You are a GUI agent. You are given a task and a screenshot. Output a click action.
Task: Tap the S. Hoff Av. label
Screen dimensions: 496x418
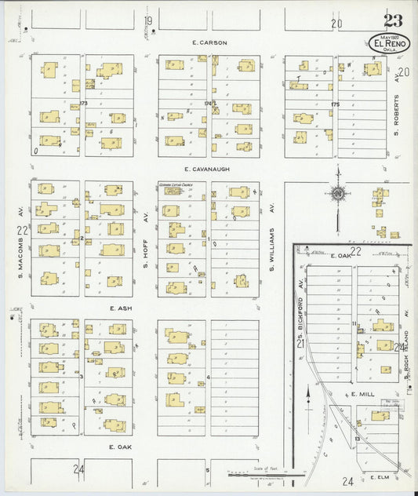point(145,251)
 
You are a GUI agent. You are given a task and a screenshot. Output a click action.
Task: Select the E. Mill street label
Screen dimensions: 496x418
point(365,394)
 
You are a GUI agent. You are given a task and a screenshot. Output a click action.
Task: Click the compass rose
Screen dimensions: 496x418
point(337,193)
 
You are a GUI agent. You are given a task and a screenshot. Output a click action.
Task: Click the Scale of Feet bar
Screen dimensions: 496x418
point(267,474)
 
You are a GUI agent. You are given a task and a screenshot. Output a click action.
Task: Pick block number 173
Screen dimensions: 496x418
point(84,103)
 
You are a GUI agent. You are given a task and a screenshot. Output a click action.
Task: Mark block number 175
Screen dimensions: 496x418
point(335,103)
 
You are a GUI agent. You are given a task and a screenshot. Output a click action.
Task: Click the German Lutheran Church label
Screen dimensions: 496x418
point(176,185)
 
